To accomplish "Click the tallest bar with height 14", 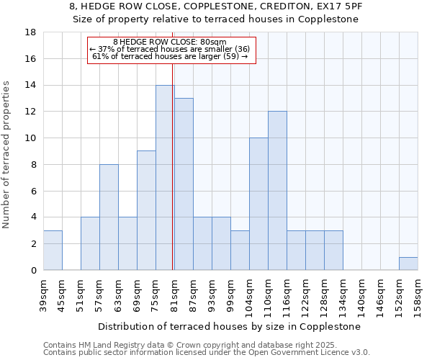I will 165,178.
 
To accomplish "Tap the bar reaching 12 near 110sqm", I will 277,191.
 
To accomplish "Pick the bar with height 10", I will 258,204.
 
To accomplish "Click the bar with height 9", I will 146,210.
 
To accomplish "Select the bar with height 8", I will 109,217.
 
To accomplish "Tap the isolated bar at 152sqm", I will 408,264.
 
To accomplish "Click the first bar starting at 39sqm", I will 53,251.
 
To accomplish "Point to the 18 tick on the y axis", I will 31,32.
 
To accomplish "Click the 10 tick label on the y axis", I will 31,138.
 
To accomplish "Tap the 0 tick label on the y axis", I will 33,271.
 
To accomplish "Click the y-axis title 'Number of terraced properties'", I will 7,155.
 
